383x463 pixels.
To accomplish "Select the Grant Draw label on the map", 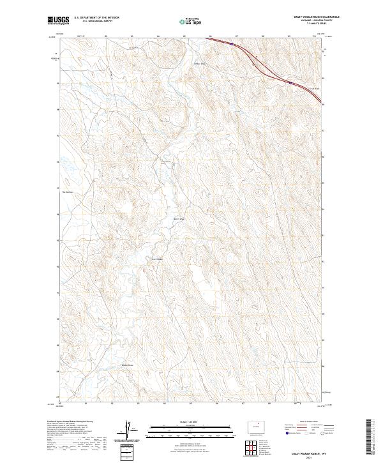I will pos(156,259).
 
